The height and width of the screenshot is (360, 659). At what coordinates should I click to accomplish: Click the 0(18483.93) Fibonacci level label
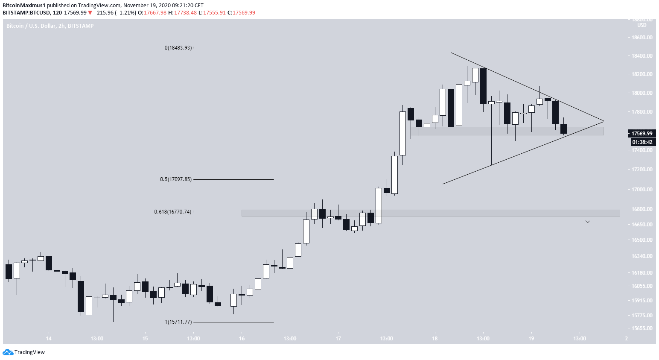pyautogui.click(x=178, y=48)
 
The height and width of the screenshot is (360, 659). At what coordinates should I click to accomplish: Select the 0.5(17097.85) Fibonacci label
pyautogui.click(x=176, y=179)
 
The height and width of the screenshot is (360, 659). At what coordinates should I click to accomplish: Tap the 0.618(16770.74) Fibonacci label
pyautogui.click(x=173, y=211)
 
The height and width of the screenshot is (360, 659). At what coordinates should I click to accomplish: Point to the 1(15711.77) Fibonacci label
pyautogui.click(x=178, y=322)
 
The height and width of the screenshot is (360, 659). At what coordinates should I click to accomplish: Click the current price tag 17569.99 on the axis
pyautogui.click(x=642, y=133)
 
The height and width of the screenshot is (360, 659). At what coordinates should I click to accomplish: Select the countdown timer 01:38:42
pyautogui.click(x=642, y=142)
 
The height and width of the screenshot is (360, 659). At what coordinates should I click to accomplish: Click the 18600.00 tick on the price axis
pyautogui.click(x=642, y=38)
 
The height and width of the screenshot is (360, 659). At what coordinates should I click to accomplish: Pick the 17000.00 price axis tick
pyautogui.click(x=642, y=189)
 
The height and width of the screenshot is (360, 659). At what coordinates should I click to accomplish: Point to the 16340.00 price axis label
pyautogui.click(x=642, y=256)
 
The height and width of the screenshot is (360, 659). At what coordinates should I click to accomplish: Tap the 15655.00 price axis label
pyautogui.click(x=642, y=328)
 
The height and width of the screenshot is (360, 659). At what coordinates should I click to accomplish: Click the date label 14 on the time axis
pyautogui.click(x=49, y=339)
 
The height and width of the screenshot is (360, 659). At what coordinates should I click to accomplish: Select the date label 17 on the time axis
pyautogui.click(x=338, y=339)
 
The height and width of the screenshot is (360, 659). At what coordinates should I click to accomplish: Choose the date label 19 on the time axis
pyautogui.click(x=531, y=339)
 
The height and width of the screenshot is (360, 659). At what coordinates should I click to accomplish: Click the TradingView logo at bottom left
pyautogui.click(x=24, y=352)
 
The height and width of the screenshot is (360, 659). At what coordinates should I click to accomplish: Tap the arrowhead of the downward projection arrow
pyautogui.click(x=588, y=221)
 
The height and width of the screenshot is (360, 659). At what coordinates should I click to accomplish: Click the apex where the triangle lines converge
pyautogui.click(x=604, y=121)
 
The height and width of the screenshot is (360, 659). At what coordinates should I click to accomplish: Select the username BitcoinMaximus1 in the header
pyautogui.click(x=24, y=6)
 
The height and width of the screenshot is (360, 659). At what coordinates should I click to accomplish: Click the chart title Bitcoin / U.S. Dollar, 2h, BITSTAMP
pyautogui.click(x=50, y=26)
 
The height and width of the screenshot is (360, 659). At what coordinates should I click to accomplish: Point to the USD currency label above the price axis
pyautogui.click(x=642, y=25)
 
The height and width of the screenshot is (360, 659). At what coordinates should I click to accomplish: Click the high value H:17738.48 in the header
pyautogui.click(x=182, y=13)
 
